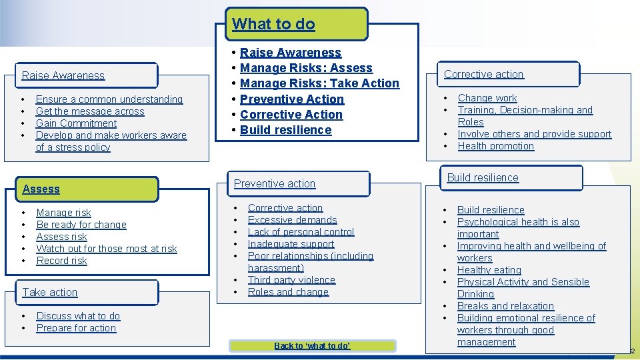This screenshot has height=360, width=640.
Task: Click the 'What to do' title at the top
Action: tap(273, 24)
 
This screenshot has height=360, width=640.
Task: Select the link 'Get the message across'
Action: tap(90, 111)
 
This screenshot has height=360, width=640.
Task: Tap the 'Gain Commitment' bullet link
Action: tap(77, 123)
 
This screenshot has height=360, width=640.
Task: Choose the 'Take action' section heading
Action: tap(50, 292)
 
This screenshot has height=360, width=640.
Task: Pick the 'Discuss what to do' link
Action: tap(78, 316)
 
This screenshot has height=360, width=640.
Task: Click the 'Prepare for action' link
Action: tap(76, 328)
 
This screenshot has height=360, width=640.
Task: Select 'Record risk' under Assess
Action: tap(62, 261)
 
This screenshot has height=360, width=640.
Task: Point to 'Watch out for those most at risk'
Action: tap(107, 249)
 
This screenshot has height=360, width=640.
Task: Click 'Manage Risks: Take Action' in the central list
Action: tap(319, 83)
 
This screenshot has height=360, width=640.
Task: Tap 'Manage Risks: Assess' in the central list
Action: tap(306, 68)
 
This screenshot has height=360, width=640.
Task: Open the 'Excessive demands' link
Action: tap(293, 220)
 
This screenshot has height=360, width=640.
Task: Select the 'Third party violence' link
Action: tap(291, 280)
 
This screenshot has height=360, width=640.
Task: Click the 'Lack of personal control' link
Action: tap(301, 232)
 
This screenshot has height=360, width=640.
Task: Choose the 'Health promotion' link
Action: tap(496, 146)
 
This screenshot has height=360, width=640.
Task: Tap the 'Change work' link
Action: tap(487, 98)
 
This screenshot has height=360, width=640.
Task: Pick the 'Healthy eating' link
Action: tap(489, 270)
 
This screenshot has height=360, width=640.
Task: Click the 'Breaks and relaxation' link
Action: tap(505, 306)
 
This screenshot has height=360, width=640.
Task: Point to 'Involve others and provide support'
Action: tap(535, 134)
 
